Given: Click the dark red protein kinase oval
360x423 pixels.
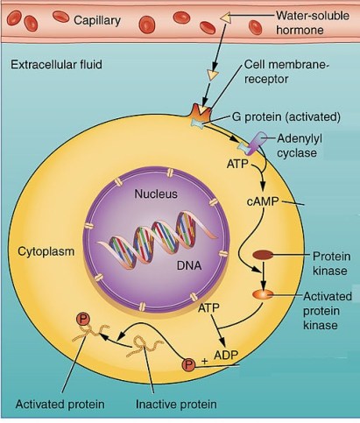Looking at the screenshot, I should pos(264,256).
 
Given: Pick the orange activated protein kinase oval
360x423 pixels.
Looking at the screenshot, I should pos(264,295).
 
